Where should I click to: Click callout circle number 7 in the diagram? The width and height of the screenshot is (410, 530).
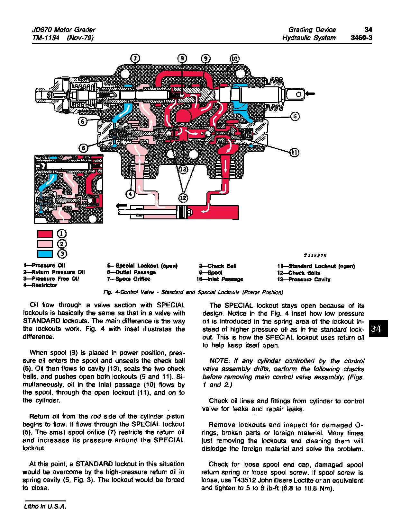point(135,58)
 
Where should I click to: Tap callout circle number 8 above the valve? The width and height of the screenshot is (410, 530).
point(182,58)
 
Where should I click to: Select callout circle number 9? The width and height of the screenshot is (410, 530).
point(205,58)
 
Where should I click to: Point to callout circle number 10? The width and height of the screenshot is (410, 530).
point(234,58)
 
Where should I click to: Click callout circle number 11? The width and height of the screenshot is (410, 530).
point(294,152)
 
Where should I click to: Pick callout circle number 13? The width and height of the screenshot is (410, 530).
point(183,169)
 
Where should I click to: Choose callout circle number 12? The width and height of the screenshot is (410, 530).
point(183,198)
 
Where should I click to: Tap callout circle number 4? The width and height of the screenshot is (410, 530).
point(130,194)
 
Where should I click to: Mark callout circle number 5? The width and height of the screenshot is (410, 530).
point(83,148)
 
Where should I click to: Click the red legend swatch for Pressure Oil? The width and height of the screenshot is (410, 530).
point(45,234)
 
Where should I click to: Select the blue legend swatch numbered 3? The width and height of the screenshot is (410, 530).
point(45,254)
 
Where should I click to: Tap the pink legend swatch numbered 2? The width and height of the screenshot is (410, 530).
point(45,244)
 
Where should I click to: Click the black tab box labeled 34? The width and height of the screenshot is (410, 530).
point(379,328)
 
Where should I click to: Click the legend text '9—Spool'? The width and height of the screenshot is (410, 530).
point(211,272)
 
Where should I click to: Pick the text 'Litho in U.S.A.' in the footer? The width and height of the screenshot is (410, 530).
point(44,506)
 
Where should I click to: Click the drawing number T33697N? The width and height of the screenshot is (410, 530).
point(315,256)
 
